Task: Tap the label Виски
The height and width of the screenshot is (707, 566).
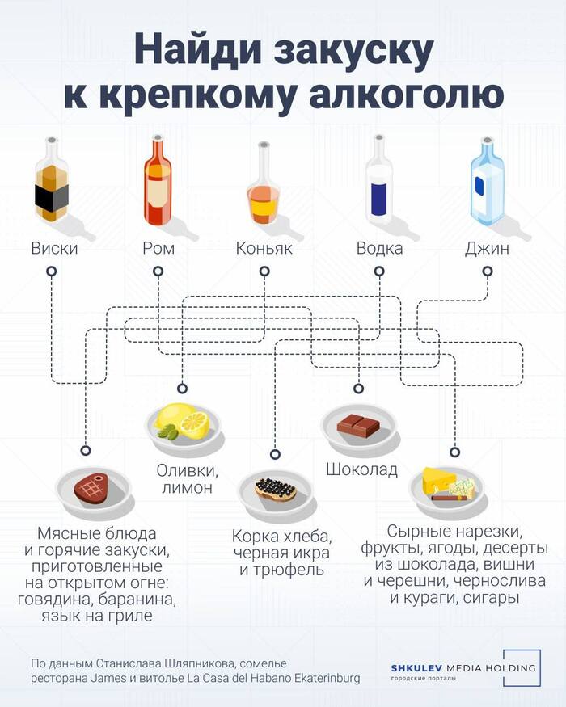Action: tap(54, 248)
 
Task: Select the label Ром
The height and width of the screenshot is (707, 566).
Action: tap(158, 248)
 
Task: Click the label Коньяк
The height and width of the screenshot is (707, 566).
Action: tap(264, 248)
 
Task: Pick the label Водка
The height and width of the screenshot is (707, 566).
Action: tap(379, 248)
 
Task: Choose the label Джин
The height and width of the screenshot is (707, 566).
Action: tap(487, 248)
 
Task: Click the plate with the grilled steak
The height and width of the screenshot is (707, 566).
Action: tap(91, 488)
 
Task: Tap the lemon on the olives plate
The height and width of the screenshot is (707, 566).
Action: tap(194, 421)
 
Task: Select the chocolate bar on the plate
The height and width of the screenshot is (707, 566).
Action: tap(357, 423)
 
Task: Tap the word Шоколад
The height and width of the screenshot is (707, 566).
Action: tap(361, 469)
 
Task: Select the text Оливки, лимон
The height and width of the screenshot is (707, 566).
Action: tap(186, 478)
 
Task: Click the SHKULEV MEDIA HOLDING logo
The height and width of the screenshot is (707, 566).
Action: tap(463, 668)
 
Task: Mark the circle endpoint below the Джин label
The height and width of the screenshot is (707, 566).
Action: tap(487, 273)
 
